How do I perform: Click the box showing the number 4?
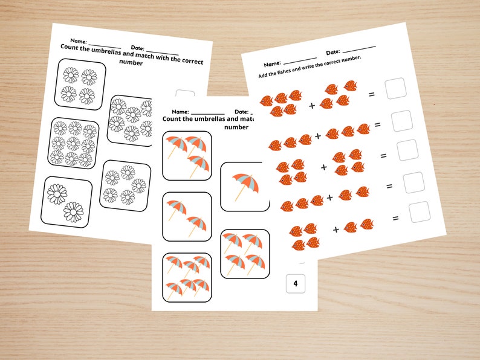click(x=296, y=283)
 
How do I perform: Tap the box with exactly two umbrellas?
click(x=187, y=216)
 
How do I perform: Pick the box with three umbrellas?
click(x=187, y=156)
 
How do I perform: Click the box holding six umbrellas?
click(x=187, y=277)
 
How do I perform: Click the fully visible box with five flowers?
click(x=126, y=184)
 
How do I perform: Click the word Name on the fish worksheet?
click(x=272, y=63)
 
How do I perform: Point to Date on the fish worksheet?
click(x=332, y=53)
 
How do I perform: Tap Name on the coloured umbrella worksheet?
click(x=180, y=112)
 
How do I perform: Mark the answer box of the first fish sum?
click(x=395, y=88)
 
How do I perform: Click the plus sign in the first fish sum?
click(x=312, y=105)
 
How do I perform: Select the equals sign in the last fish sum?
click(x=395, y=218)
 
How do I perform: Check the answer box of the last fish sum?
click(x=419, y=212)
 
